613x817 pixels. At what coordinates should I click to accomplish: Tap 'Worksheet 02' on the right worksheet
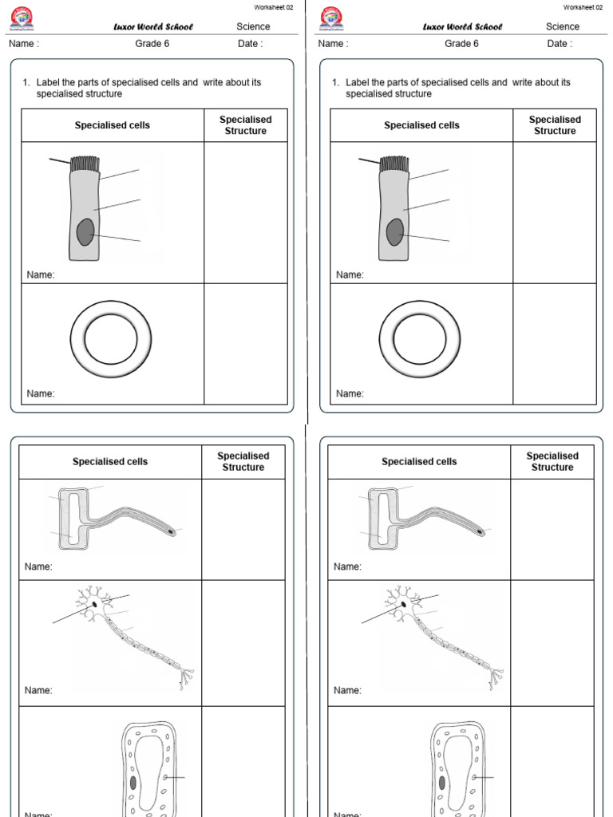pyautogui.click(x=583, y=7)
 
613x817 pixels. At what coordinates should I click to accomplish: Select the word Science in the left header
pyautogui.click(x=253, y=26)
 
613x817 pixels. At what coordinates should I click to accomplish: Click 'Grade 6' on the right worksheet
pyautogui.click(x=461, y=44)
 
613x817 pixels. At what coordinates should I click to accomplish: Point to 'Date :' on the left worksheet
pyautogui.click(x=250, y=44)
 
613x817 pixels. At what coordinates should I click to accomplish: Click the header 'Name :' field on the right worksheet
pyautogui.click(x=333, y=44)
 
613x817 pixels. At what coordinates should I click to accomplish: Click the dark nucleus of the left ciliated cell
pyautogui.click(x=85, y=233)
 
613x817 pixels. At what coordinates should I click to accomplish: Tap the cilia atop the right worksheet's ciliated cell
pyautogui.click(x=394, y=164)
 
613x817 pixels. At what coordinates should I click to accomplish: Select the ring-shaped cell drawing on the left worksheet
pyautogui.click(x=110, y=339)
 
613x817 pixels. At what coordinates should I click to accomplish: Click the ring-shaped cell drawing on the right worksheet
pyautogui.click(x=419, y=339)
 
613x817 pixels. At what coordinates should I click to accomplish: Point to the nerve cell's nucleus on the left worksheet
pyautogui.click(x=95, y=604)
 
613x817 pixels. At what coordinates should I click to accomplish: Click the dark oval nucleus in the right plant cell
pyautogui.click(x=441, y=783)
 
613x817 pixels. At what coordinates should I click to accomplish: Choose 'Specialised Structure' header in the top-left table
pyautogui.click(x=246, y=125)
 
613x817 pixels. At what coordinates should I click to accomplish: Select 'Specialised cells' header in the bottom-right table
pyautogui.click(x=419, y=461)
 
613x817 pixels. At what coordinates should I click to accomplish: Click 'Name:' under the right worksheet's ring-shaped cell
pyautogui.click(x=350, y=393)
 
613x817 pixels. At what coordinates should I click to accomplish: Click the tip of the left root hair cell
pyautogui.click(x=171, y=530)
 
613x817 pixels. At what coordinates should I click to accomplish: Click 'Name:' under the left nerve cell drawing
pyautogui.click(x=38, y=690)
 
